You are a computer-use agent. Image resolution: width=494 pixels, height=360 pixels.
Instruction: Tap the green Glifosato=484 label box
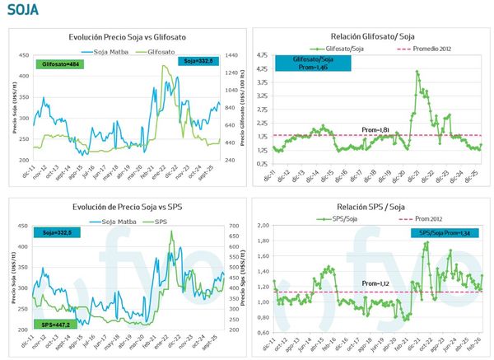coord(61,63)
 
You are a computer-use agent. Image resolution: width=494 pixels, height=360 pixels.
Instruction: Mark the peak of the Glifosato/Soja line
coord(417,72)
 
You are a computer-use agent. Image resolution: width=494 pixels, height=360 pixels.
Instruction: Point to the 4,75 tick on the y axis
coord(263,55)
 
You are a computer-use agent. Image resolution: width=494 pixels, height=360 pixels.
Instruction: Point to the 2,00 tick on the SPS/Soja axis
coord(264,225)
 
